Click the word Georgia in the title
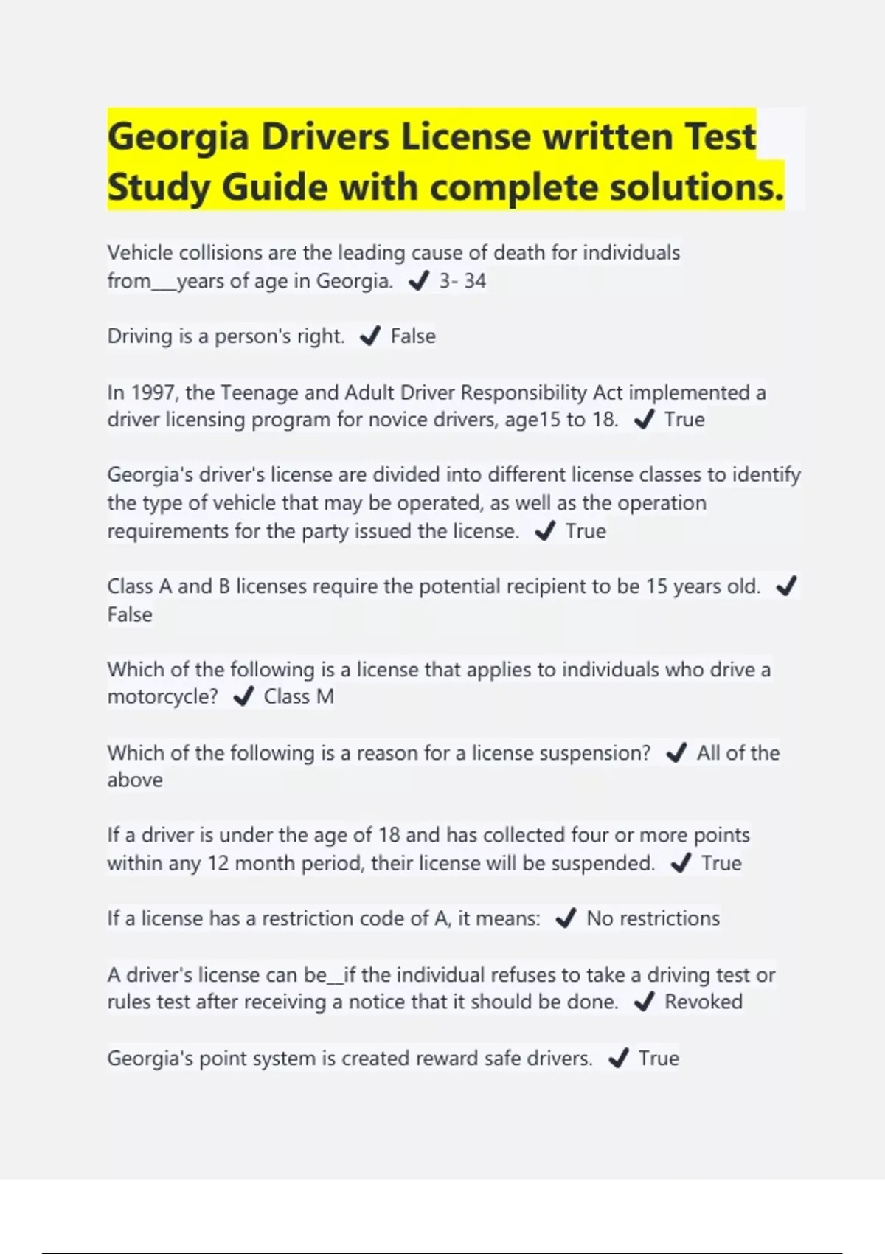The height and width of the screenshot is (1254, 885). coord(178,138)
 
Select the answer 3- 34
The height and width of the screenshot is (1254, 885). coord(462,281)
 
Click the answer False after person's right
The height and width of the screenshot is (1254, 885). coord(413,336)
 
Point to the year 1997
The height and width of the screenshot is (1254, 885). coord(153,392)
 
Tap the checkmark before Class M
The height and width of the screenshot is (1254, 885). coord(243,697)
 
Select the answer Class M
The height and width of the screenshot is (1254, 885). coord(299,697)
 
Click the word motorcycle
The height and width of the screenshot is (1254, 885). coord(162,697)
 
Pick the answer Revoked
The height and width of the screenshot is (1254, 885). coord(704,1002)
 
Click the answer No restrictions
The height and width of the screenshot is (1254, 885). coord(653,918)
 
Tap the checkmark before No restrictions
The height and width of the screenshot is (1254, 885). coord(566,918)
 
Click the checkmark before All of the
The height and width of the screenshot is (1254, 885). coord(676,753)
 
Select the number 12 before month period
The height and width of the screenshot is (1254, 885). coord(218,863)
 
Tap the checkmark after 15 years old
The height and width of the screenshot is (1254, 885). coord(786,586)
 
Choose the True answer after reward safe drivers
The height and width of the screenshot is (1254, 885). coord(659,1059)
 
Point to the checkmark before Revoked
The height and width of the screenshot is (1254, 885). coord(644,1002)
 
